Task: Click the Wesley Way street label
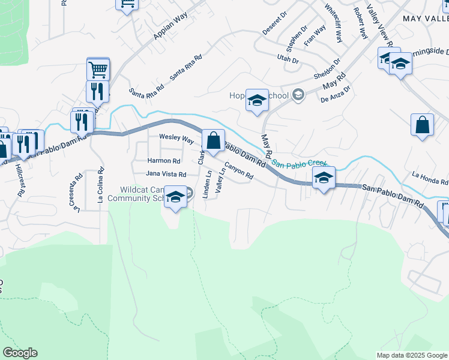176,139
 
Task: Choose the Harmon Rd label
164,161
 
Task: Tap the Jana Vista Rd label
166,174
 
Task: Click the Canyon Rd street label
239,172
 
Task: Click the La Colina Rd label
100,187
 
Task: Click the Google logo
19,353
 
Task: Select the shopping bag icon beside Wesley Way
213,141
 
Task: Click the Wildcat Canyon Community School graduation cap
175,197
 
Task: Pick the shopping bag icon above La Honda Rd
423,125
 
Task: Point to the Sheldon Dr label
327,70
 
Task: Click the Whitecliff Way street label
333,24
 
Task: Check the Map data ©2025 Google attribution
412,355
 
